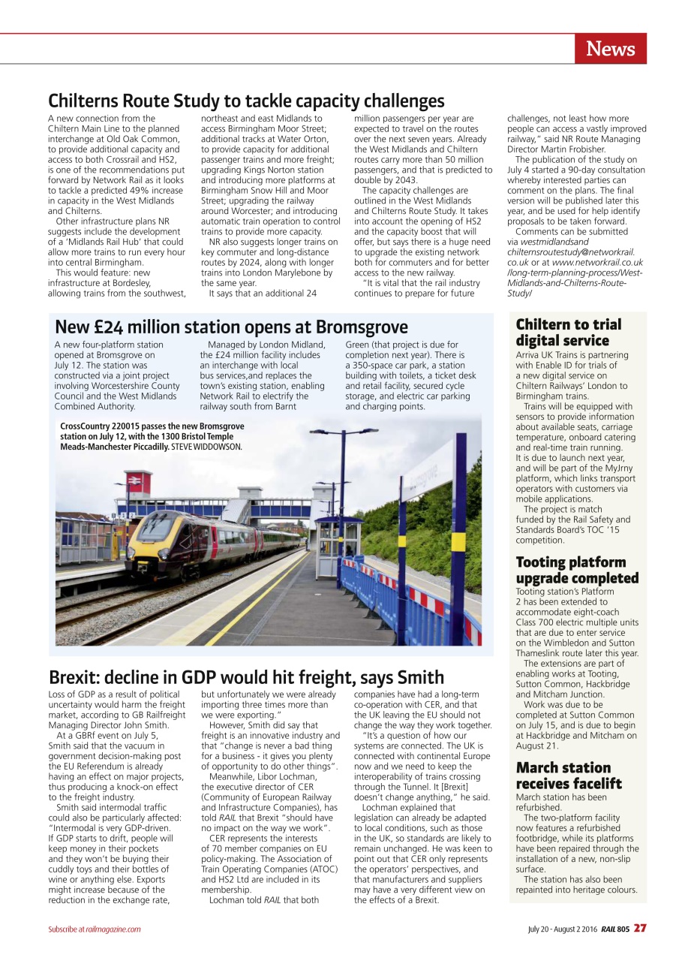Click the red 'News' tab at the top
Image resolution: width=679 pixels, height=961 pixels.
(x=610, y=49)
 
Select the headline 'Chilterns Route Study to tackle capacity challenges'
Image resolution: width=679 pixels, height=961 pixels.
(x=246, y=101)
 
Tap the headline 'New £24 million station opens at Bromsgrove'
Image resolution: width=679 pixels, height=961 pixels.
(x=231, y=327)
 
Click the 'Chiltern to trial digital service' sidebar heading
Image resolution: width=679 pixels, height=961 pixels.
(x=568, y=333)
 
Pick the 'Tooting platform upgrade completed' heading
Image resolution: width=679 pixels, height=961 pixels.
(x=577, y=570)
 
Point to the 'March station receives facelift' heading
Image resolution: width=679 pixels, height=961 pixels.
(x=568, y=775)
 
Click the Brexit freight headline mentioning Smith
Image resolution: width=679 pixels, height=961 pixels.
(x=246, y=677)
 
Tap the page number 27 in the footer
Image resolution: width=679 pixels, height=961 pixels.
(x=639, y=929)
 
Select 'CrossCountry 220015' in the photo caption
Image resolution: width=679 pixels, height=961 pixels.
(x=102, y=426)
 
